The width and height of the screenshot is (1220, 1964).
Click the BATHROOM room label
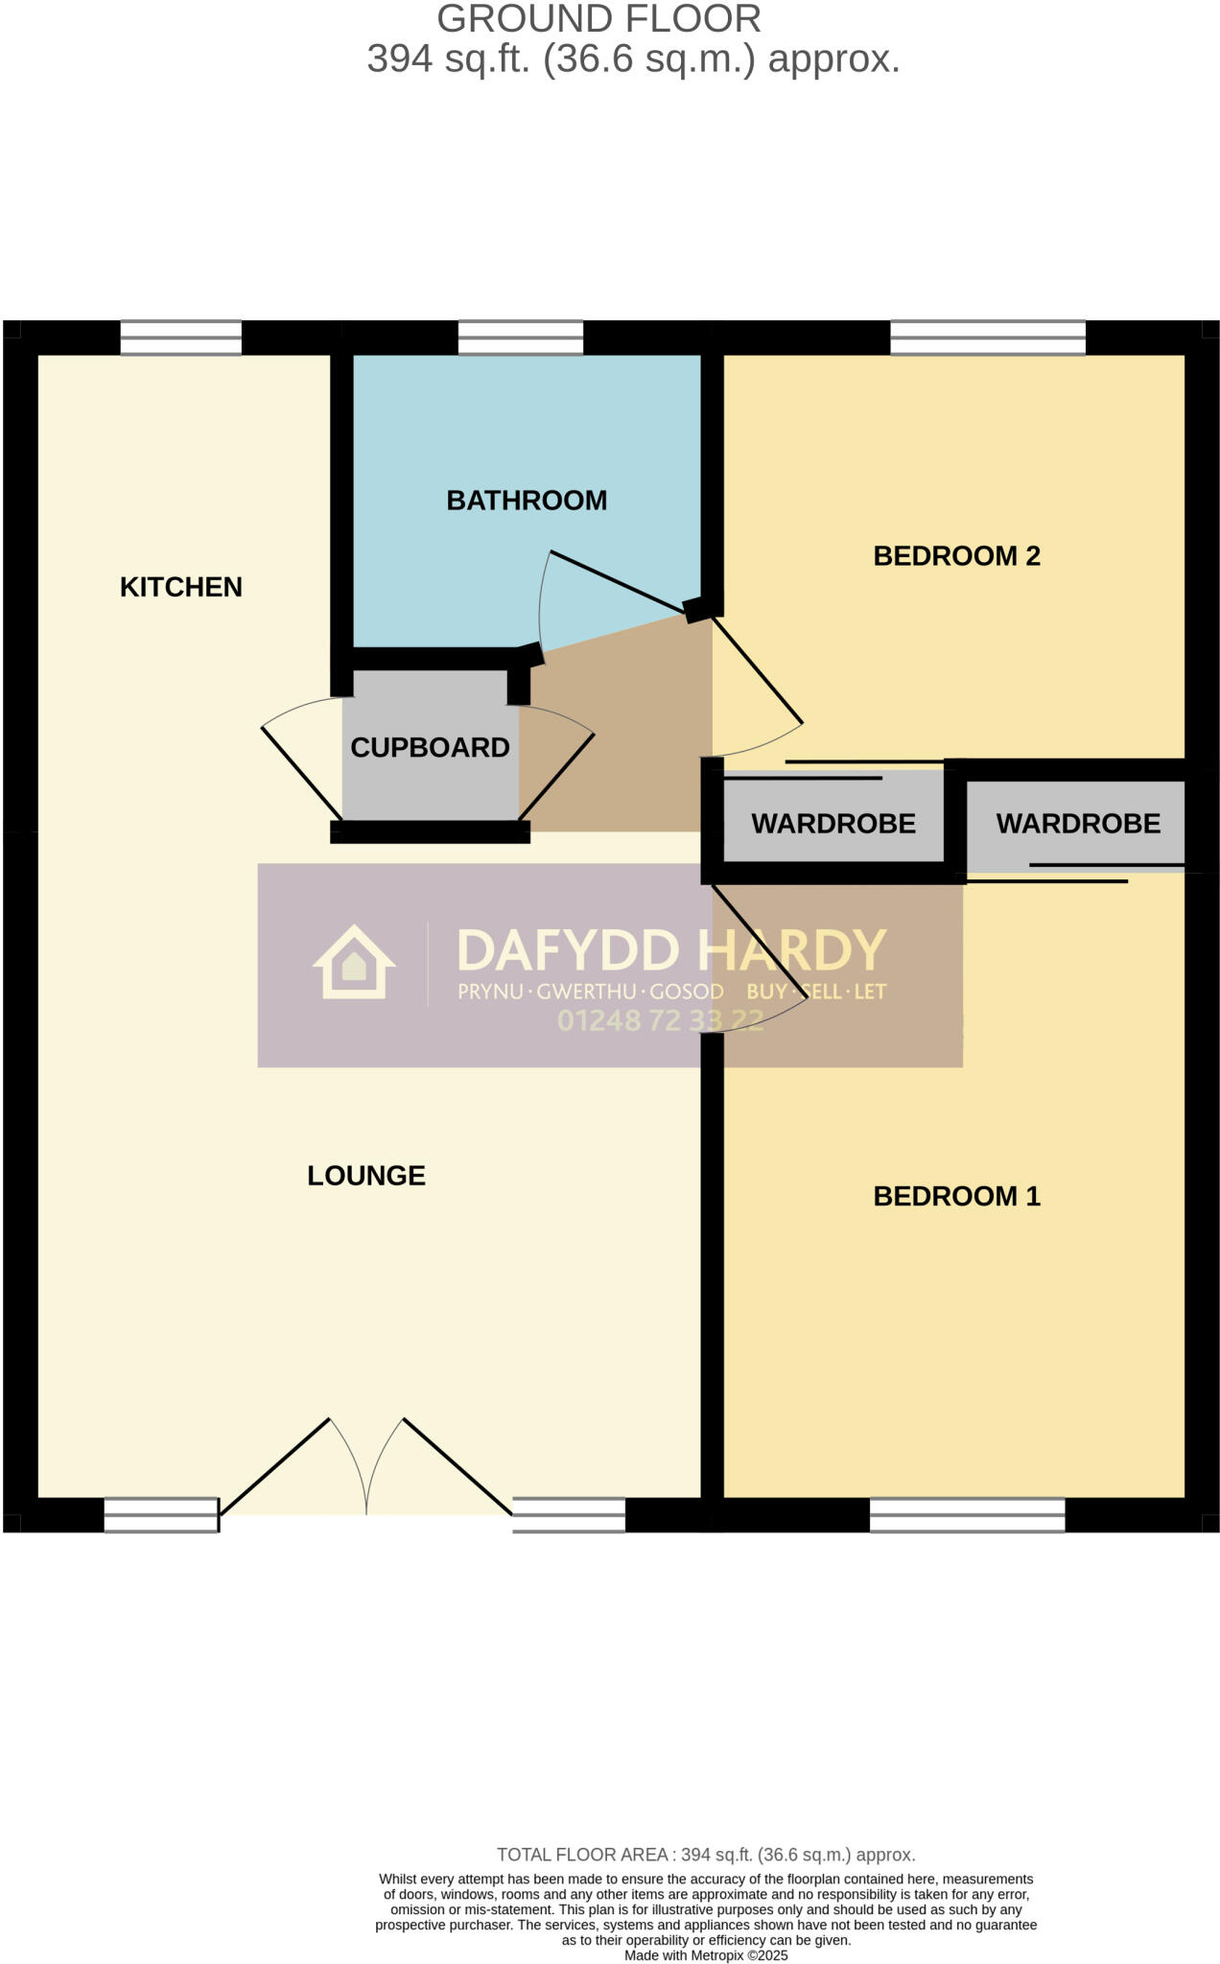click(x=527, y=501)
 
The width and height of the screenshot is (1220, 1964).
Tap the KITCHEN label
click(x=180, y=587)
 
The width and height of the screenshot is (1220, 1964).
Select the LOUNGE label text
click(x=365, y=1176)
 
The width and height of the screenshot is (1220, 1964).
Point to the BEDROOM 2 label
click(x=956, y=556)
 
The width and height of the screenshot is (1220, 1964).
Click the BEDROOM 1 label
click(x=956, y=1197)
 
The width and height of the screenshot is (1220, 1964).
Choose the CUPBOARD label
click(x=430, y=748)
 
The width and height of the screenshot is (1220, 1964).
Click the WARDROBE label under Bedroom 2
click(x=833, y=824)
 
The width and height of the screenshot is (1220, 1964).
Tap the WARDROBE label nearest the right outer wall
click(x=1078, y=824)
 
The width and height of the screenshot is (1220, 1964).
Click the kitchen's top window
click(x=180, y=338)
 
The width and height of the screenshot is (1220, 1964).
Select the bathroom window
click(x=520, y=338)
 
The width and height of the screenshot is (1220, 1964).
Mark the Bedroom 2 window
click(x=987, y=338)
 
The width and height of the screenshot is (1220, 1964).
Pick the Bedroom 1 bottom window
click(x=967, y=1515)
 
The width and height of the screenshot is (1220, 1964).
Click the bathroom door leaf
click(x=619, y=582)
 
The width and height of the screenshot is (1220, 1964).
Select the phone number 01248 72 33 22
click(x=660, y=1020)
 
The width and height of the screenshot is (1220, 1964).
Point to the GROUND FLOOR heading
click(x=598, y=19)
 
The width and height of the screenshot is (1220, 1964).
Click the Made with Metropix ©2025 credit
click(x=706, y=1955)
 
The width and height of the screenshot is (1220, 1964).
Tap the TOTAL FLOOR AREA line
click(x=706, y=1855)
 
